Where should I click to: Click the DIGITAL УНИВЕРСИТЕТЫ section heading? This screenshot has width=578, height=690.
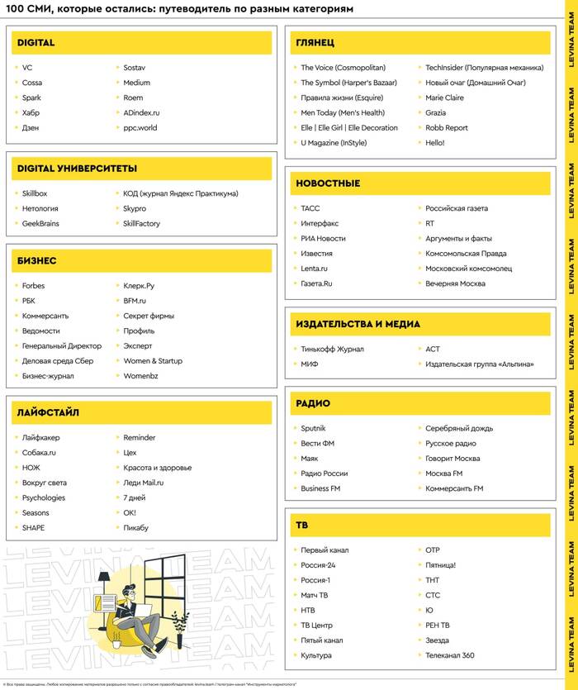click(77, 169)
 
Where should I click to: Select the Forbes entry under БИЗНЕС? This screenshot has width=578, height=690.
click(34, 286)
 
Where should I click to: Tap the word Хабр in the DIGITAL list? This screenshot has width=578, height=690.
click(31, 112)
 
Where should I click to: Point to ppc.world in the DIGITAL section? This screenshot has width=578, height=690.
click(140, 128)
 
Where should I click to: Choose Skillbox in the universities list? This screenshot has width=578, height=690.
click(35, 193)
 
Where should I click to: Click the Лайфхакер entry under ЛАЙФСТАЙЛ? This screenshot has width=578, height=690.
click(40, 437)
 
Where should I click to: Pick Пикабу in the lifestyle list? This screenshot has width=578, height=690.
click(136, 527)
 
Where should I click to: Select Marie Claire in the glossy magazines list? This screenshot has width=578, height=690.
click(444, 98)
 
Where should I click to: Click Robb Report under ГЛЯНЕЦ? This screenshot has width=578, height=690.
click(447, 128)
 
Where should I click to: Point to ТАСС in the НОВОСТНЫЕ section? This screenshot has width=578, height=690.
click(310, 208)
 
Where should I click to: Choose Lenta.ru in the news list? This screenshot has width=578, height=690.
click(314, 269)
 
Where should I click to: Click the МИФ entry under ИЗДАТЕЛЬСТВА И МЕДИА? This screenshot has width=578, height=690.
click(309, 364)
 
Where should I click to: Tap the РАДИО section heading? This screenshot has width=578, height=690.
click(313, 403)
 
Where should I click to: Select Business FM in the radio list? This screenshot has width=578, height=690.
click(320, 488)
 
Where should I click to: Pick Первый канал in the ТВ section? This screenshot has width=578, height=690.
click(325, 550)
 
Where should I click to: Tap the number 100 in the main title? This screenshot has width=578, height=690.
click(17, 10)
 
